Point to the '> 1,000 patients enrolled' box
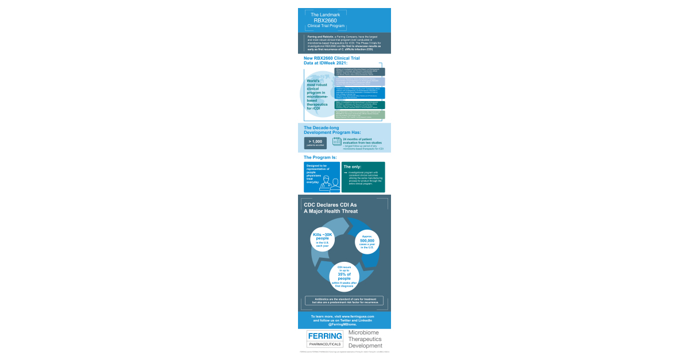315,143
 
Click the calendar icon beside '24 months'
336,141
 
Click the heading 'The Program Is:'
320,157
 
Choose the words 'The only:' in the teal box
352,167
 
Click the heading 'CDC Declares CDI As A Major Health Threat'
330,207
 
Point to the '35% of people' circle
344,276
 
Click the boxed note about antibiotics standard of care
344,301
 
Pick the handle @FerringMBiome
343,324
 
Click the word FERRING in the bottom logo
324,336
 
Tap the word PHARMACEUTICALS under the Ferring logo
324,344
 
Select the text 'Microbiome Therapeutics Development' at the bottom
365,339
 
